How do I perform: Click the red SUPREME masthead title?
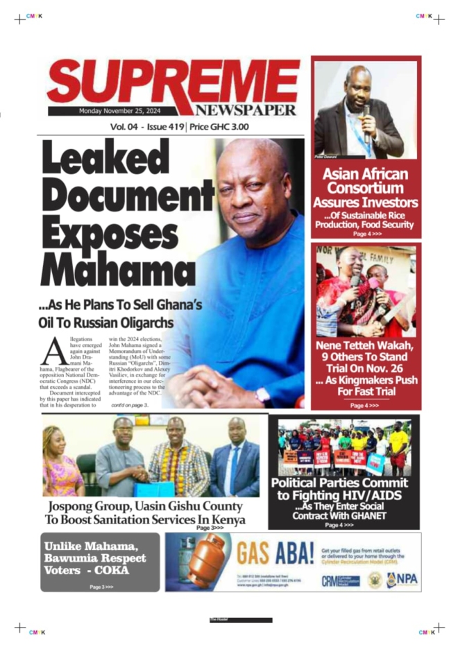point(173,81)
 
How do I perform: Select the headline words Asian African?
point(365,173)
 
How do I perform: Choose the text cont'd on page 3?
point(130,404)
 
